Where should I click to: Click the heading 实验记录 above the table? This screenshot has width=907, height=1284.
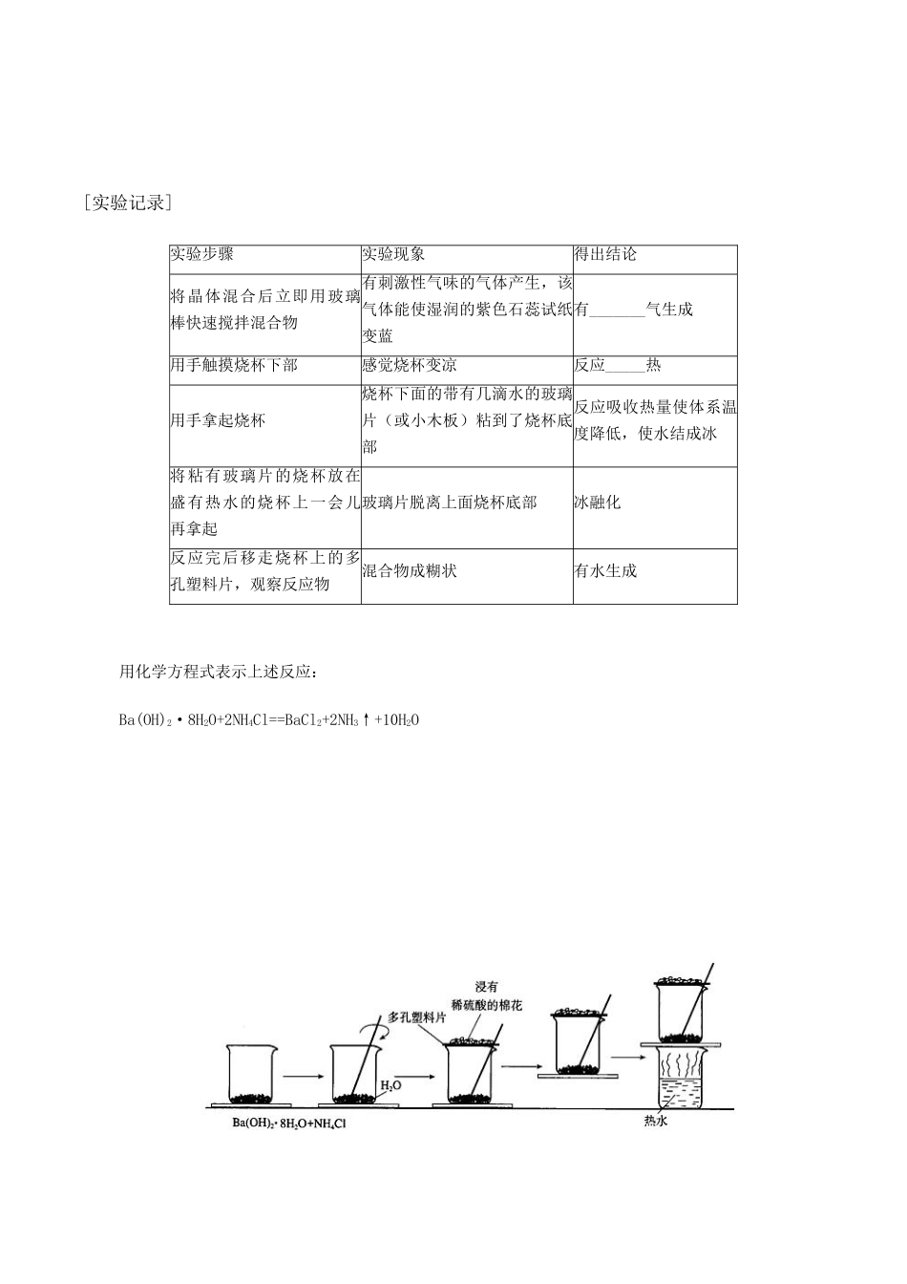(127, 203)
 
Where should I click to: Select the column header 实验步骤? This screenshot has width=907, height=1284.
(202, 255)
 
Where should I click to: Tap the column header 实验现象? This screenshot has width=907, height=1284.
(394, 255)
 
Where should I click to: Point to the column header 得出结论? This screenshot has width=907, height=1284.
(605, 255)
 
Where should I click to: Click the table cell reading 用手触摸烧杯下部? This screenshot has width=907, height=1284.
(234, 366)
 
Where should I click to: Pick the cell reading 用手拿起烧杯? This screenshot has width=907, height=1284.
(218, 421)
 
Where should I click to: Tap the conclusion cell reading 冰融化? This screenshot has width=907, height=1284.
(598, 503)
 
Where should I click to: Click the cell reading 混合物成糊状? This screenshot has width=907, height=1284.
(410, 571)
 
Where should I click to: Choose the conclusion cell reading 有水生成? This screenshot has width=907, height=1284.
(605, 571)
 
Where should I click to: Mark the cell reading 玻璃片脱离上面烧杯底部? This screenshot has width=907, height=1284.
(450, 503)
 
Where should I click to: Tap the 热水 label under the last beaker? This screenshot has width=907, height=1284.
(656, 1122)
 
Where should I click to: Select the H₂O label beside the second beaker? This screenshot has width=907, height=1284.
(390, 1086)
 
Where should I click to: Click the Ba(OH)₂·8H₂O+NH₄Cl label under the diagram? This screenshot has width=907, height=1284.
(288, 1123)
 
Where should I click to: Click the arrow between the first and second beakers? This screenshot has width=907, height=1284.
(302, 1076)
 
